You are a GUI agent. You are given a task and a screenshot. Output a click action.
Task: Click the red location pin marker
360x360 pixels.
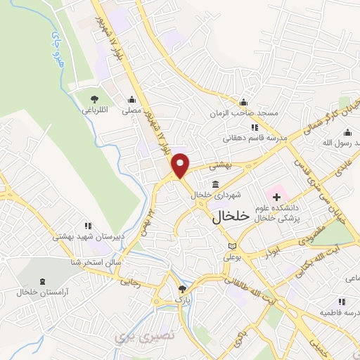[x=181, y=165]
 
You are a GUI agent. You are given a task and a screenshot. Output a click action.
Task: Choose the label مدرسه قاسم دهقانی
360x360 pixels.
[x=255, y=139]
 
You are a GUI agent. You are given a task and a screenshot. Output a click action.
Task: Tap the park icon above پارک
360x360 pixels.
[x=182, y=289]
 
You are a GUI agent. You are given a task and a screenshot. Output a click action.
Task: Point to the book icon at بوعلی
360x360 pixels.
[x=232, y=247]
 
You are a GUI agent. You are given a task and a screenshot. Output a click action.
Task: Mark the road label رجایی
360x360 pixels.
[x=131, y=282]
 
